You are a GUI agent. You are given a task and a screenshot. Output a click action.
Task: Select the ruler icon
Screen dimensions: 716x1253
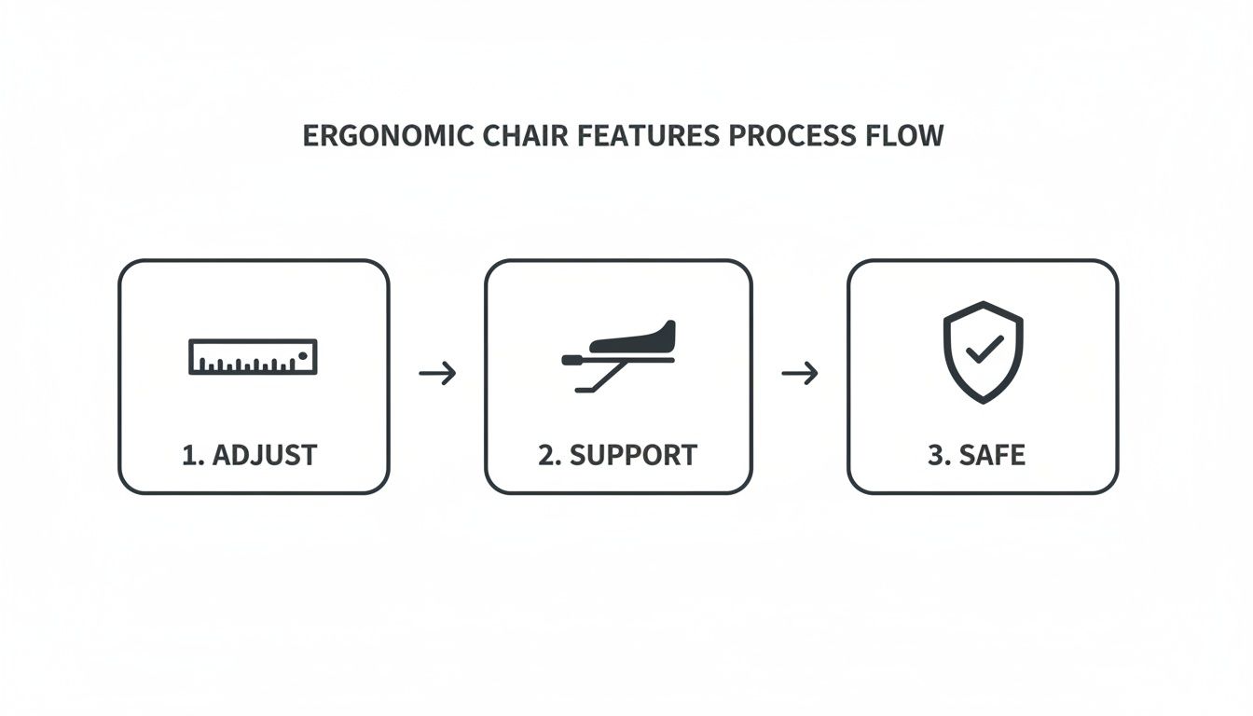pyautogui.click(x=253, y=357)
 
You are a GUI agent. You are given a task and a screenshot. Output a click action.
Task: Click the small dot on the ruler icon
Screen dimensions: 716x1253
pyautogui.click(x=303, y=353)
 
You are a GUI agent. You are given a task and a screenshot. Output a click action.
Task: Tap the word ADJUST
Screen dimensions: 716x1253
pyautogui.click(x=265, y=455)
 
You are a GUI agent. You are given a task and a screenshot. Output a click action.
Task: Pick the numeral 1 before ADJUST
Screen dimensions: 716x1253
pyautogui.click(x=190, y=455)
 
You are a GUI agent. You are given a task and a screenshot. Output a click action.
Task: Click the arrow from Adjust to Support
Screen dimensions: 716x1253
pyautogui.click(x=437, y=374)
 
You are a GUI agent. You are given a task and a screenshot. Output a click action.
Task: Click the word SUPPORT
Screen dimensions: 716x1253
pyautogui.click(x=633, y=455)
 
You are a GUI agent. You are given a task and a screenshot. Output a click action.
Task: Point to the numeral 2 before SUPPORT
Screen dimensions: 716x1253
pyautogui.click(x=546, y=455)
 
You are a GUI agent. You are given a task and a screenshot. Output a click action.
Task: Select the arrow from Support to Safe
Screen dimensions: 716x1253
pyautogui.click(x=799, y=374)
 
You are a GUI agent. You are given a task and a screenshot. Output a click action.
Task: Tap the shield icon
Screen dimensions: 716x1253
pyautogui.click(x=983, y=351)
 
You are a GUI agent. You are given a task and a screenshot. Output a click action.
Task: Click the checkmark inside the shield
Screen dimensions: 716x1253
pyautogui.click(x=984, y=350)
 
